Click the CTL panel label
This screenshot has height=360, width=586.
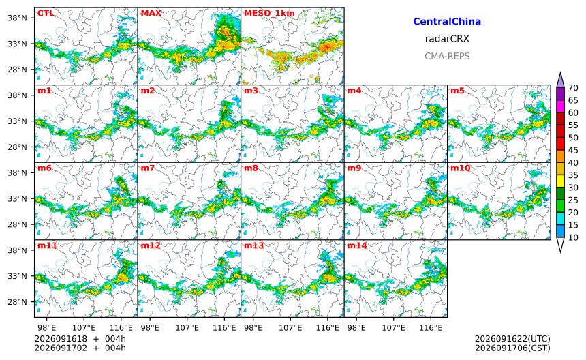click(x=45, y=13)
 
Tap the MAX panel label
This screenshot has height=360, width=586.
click(x=151, y=13)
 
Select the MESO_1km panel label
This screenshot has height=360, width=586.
click(x=269, y=13)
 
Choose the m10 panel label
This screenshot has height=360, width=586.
click(x=460, y=168)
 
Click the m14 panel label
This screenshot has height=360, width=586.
click(x=357, y=245)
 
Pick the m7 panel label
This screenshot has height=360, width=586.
click(x=148, y=168)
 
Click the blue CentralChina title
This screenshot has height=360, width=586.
click(x=447, y=21)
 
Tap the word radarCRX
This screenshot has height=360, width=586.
click(x=447, y=39)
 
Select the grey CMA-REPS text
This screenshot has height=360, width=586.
click(x=447, y=56)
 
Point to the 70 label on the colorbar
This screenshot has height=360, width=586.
click(x=573, y=88)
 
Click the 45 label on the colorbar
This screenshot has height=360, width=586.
click(x=573, y=150)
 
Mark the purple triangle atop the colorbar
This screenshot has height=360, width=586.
click(x=560, y=80)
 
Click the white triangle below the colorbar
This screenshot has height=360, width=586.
click(x=560, y=245)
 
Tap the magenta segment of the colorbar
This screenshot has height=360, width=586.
click(x=560, y=106)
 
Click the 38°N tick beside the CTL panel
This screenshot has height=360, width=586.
click(x=18, y=18)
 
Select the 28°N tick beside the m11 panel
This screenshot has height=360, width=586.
click(x=18, y=302)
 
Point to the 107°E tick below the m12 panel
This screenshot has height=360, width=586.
click(x=187, y=328)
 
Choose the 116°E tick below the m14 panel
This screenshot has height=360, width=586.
click(x=431, y=328)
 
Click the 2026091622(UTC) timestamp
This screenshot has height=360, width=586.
click(x=512, y=339)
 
